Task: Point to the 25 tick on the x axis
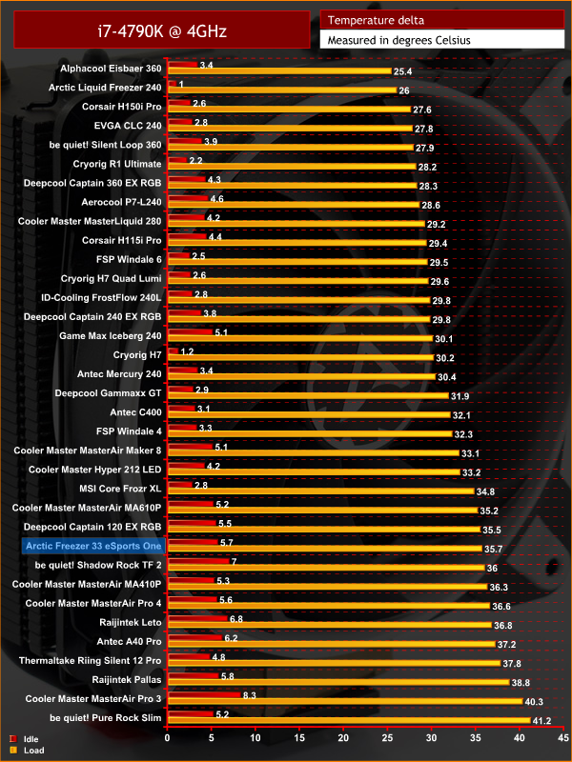tap(387, 737)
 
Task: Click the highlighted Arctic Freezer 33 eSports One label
tap(92, 546)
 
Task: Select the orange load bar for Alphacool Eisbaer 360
tap(278, 71)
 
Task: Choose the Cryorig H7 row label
tap(137, 355)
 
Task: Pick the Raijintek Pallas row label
tap(127, 680)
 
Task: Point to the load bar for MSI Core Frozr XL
tap(320, 491)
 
